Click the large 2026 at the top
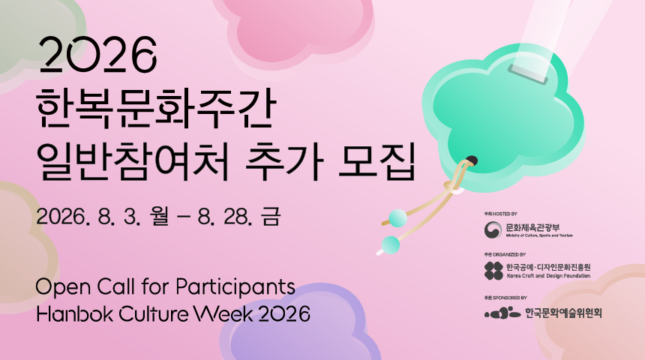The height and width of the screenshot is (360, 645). [99, 55]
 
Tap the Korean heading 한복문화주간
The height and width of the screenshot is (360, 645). [156, 109]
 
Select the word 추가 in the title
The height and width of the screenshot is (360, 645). [283, 160]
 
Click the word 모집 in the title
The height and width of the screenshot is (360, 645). [376, 160]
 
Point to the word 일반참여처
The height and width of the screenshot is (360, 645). [132, 161]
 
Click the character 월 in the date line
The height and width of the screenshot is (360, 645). [160, 216]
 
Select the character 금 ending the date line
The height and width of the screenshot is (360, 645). [271, 216]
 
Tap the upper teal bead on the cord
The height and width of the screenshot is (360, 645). [397, 218]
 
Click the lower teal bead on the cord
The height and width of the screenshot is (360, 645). [390, 244]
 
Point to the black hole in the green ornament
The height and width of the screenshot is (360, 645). [472, 160]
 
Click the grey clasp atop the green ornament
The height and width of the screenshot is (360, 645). [528, 74]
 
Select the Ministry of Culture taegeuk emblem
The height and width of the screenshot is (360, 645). [493, 229]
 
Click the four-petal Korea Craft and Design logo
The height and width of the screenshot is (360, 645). [493, 271]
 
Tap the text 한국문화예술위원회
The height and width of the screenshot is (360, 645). [563, 313]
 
